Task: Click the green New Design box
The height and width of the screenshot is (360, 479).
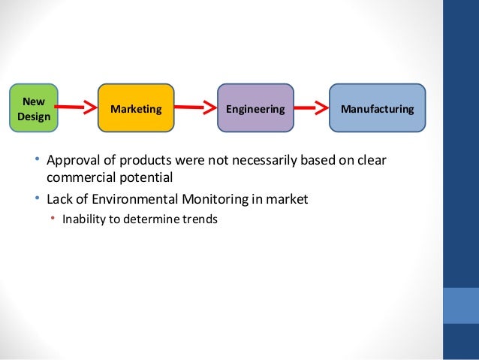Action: coord(33,109)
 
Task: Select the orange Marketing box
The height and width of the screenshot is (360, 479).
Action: coord(136,109)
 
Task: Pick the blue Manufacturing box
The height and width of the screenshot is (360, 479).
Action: coord(377,109)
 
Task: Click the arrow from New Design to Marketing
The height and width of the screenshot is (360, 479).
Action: coord(77,108)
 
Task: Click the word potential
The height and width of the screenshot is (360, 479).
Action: coord(146,179)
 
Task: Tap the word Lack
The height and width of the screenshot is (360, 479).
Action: coord(59,200)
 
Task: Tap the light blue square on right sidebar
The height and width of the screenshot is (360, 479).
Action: coord(461,304)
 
